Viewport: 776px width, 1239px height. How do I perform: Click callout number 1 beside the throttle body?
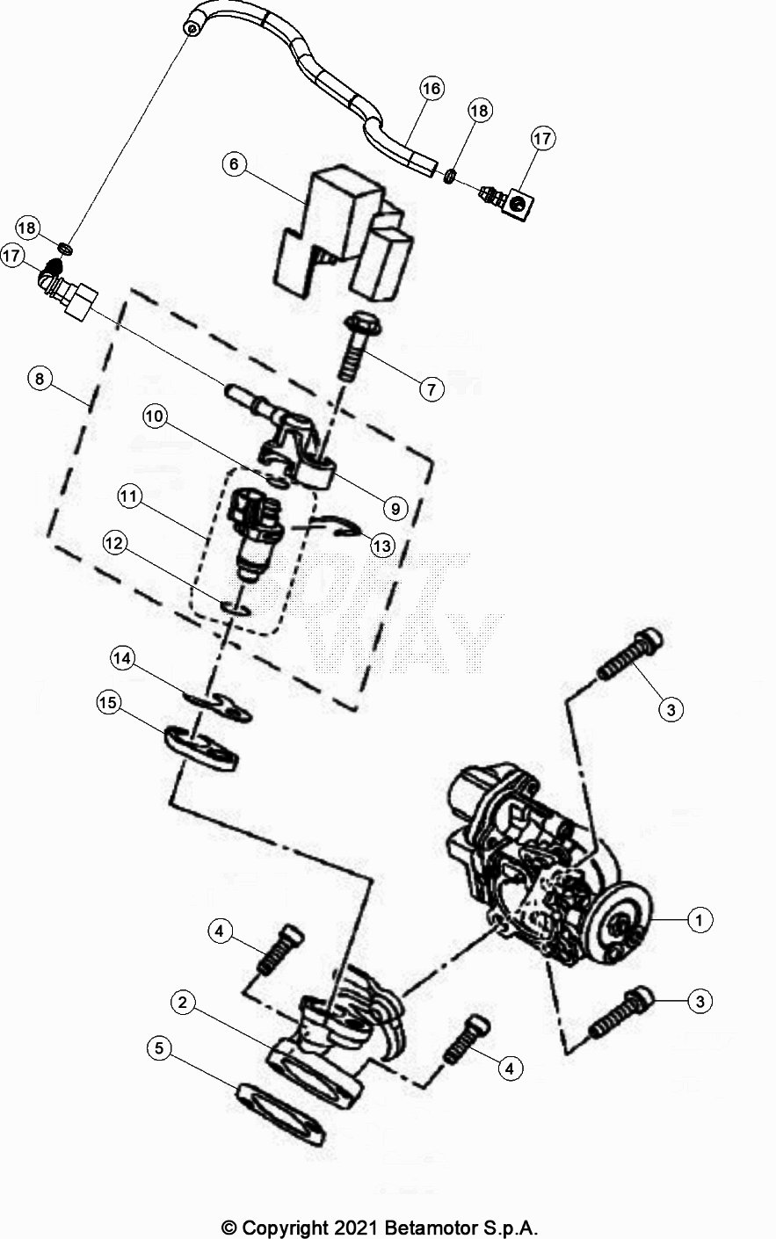(x=700, y=920)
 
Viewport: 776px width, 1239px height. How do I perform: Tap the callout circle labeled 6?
(x=235, y=164)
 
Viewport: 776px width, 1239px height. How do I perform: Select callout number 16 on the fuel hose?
(x=431, y=89)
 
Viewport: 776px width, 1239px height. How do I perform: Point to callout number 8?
(x=39, y=379)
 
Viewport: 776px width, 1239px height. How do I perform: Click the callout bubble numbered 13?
(x=381, y=546)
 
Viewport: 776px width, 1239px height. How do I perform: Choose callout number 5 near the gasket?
(x=159, y=1048)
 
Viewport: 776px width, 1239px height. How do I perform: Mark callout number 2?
(x=184, y=1003)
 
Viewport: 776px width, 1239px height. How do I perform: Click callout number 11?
(x=130, y=496)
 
